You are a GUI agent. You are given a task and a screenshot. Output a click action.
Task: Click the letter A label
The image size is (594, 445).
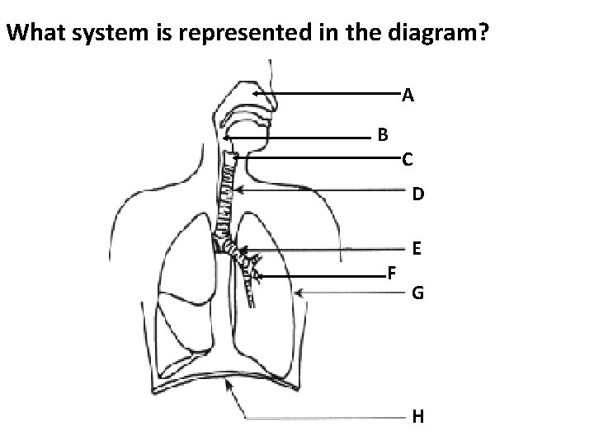pyautogui.click(x=408, y=96)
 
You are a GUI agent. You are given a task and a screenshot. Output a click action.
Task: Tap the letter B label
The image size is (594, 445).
pyautogui.click(x=384, y=133)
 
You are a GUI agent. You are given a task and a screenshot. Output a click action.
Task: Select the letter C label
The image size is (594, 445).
pyautogui.click(x=408, y=159)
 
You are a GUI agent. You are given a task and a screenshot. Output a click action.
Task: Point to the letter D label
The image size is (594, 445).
pyautogui.click(x=418, y=194)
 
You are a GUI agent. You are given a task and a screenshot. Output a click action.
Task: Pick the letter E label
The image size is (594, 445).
pyautogui.click(x=417, y=248)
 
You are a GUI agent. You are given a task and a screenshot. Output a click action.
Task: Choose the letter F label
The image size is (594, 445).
pyautogui.click(x=392, y=274)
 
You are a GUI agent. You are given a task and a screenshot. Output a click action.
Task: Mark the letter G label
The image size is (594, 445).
pyautogui.click(x=418, y=293)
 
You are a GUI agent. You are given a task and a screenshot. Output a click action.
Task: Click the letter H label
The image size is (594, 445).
pyautogui.click(x=418, y=417)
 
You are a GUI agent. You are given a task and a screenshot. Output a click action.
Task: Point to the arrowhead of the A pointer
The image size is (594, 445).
pyautogui.click(x=256, y=94)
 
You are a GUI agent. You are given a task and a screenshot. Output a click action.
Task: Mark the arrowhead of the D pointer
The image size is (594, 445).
pyautogui.click(x=236, y=190)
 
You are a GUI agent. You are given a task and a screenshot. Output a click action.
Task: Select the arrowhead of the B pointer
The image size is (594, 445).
pyautogui.click(x=224, y=138)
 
